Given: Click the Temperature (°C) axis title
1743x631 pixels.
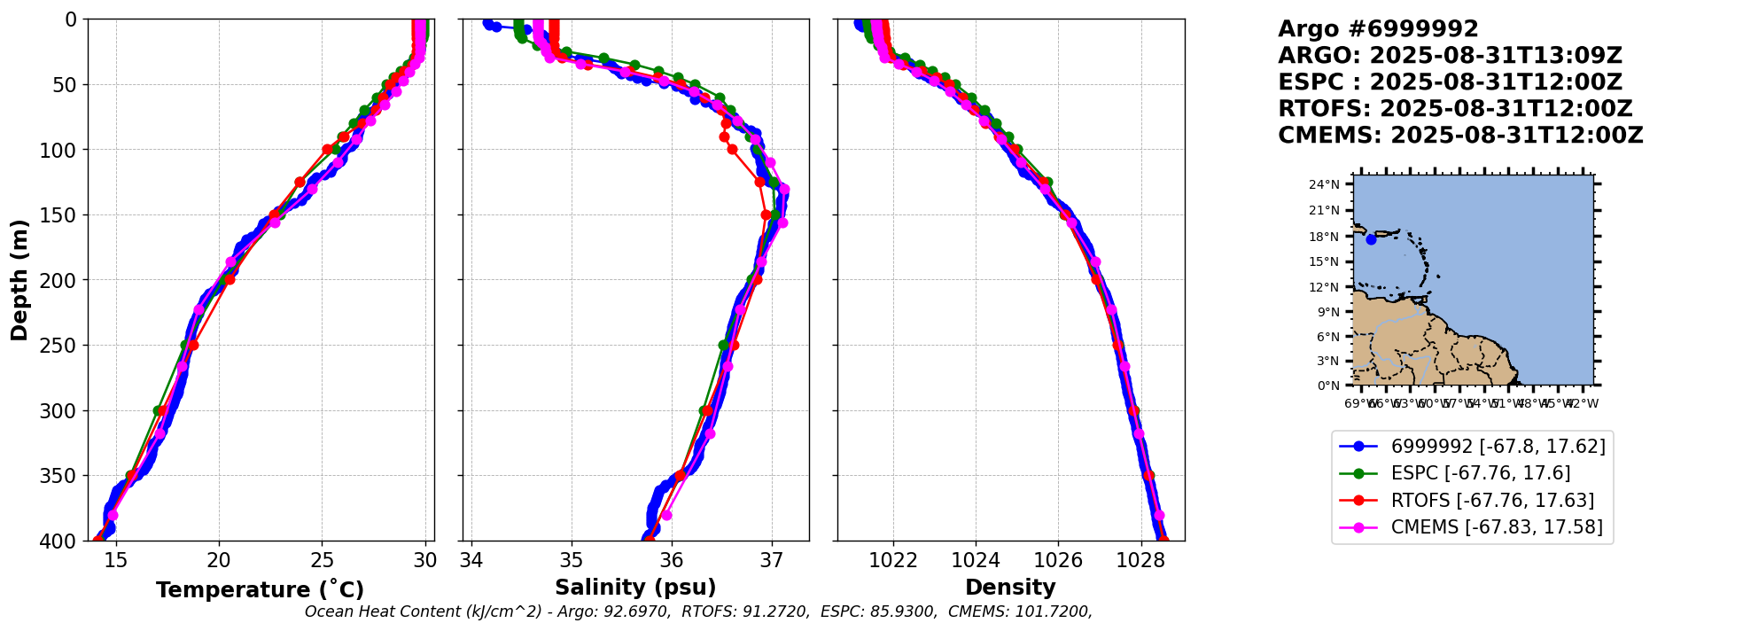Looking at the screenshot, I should pos(260,590).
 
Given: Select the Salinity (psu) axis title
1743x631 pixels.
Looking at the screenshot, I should pos(635,588).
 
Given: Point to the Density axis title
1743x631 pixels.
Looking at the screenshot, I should pos(1010,588).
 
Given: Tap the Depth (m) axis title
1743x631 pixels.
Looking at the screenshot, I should pos(19,280).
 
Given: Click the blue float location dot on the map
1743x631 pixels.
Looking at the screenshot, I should pos(1371,239).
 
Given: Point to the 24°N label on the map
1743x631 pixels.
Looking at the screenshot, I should pos(1325,184).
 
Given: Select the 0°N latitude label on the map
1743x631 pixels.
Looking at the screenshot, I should pos(1328,386).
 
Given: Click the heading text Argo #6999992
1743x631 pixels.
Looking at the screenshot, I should pos(1378,29).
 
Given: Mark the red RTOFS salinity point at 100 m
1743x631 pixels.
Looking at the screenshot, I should pos(732,150).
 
